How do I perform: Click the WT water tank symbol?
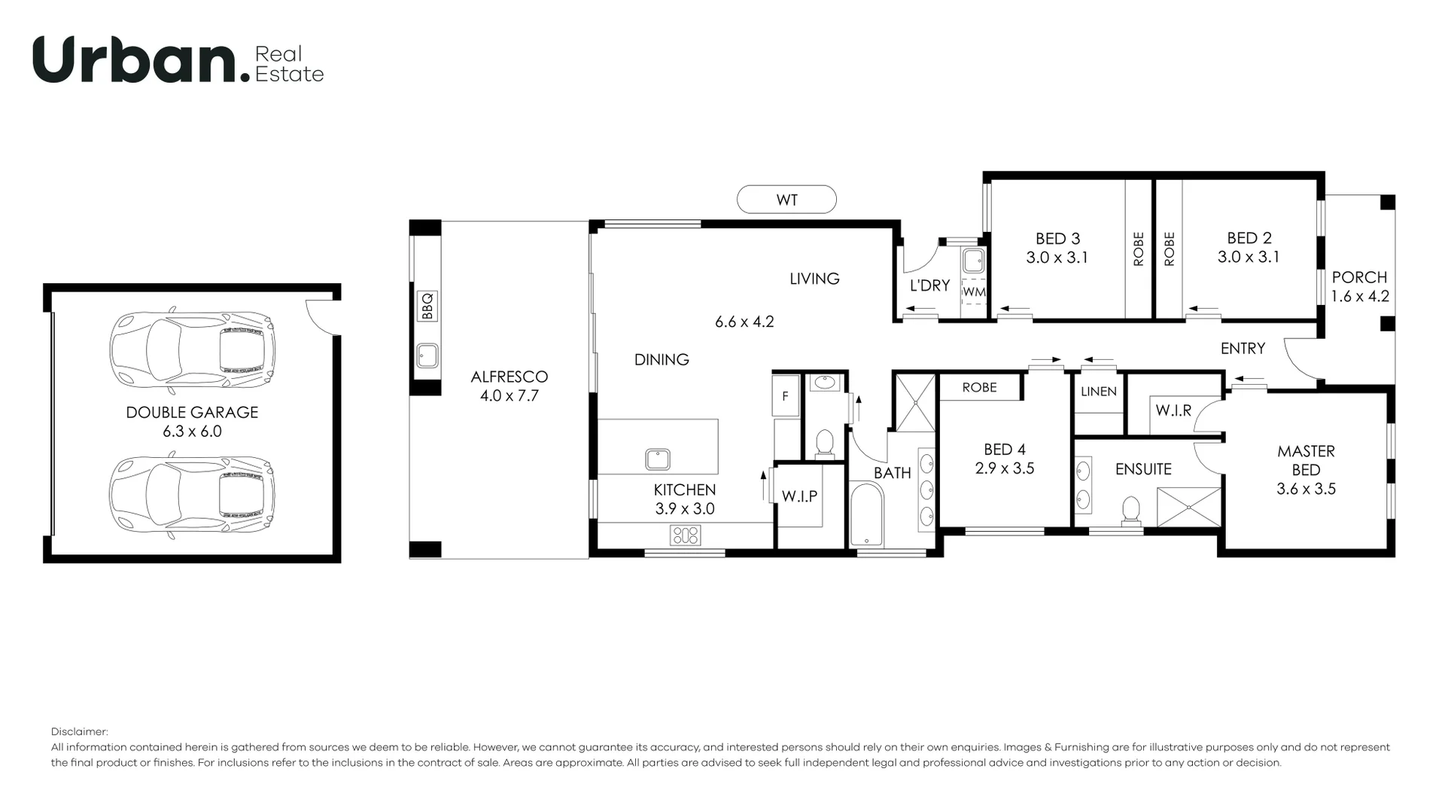tap(786, 200)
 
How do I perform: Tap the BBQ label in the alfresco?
tap(427, 307)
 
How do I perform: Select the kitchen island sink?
tap(657, 459)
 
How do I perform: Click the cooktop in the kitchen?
tap(685, 535)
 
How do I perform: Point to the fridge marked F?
tap(786, 396)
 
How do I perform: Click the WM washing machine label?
tap(974, 291)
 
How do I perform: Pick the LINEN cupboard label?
tap(1098, 392)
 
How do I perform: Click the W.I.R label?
tap(1173, 411)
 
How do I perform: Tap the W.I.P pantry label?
tap(799, 496)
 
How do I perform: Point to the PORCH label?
tap(1359, 277)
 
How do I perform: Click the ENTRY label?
tap(1243, 348)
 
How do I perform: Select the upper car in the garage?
tap(193, 350)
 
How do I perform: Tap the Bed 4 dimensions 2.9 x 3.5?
tap(1005, 468)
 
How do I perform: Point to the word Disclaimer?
tap(79, 731)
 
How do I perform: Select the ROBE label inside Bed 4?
tap(979, 387)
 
